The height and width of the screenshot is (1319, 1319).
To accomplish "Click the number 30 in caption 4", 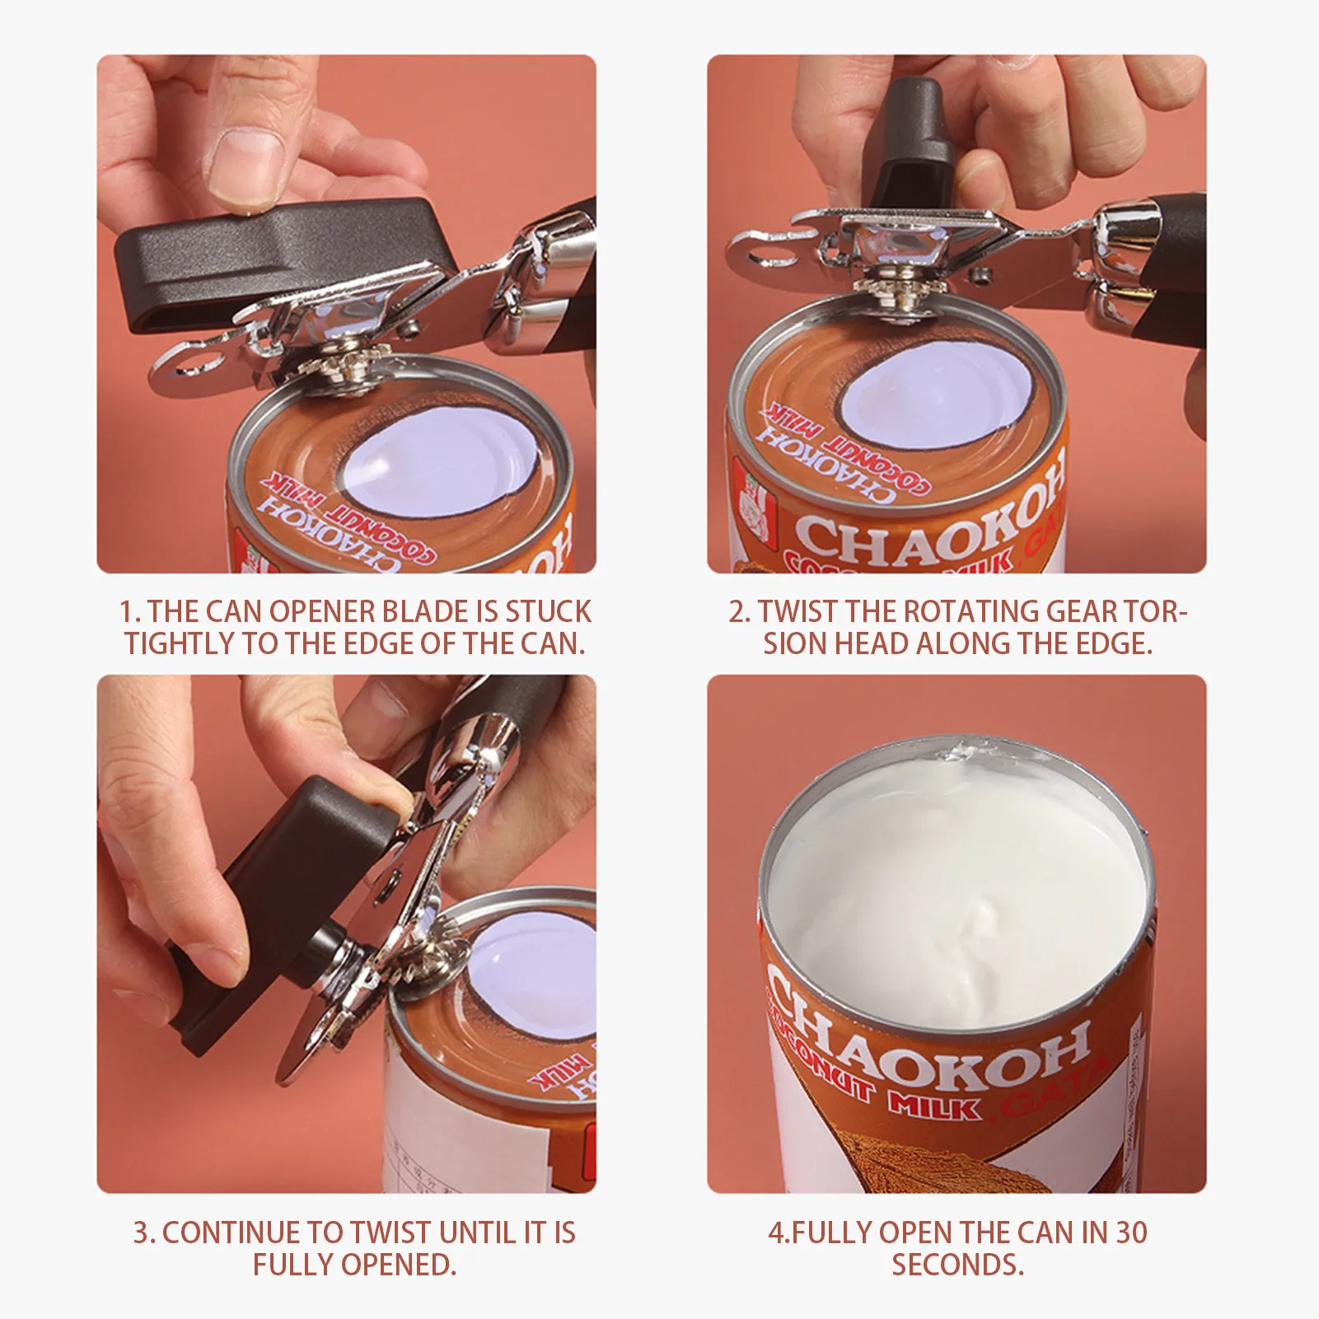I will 1131,1232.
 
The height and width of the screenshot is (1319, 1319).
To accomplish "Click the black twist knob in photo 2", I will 914,136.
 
